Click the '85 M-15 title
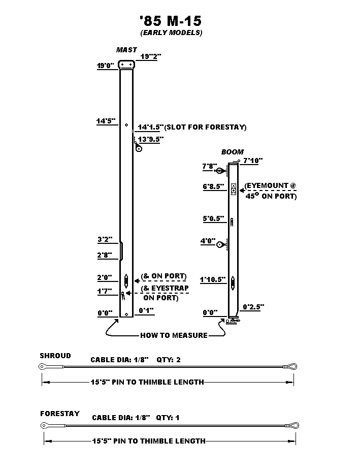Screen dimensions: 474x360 (171, 21)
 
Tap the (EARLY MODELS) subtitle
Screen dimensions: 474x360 (171, 33)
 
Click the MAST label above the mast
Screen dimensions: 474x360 (126, 50)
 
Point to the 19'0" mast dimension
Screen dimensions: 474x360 (106, 66)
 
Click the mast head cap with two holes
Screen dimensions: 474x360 (126, 65)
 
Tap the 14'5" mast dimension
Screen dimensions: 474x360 (106, 121)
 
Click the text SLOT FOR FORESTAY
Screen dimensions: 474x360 (207, 127)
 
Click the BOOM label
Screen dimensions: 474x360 (232, 152)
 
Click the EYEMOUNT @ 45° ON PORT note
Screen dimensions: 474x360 (271, 191)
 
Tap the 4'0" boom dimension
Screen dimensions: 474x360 (209, 241)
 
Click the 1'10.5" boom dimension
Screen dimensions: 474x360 (212, 279)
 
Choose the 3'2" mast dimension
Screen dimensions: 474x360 (105, 239)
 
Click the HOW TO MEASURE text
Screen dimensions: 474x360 (174, 335)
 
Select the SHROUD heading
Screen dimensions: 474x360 (55, 356)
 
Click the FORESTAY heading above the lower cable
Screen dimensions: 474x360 (60, 414)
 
